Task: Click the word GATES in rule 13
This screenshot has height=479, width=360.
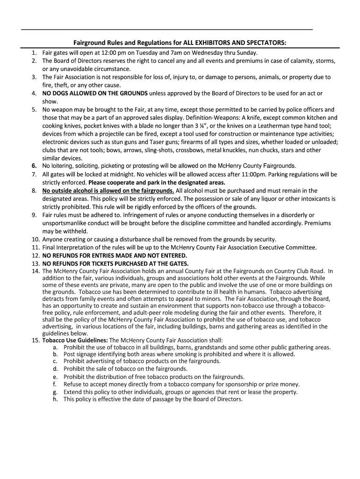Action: point(175,263)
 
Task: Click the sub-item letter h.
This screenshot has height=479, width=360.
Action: point(55,399)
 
